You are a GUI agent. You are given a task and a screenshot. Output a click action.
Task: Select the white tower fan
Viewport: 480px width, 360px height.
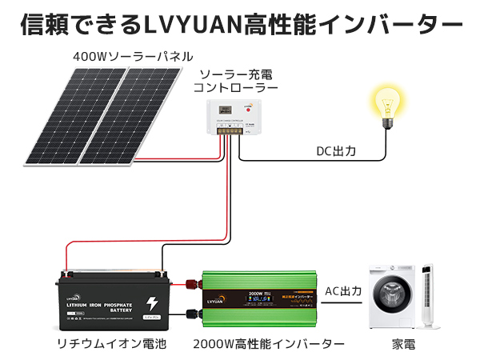pyautogui.click(x=428, y=297)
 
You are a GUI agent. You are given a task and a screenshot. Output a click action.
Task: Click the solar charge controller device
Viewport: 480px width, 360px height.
pyautogui.click(x=231, y=119)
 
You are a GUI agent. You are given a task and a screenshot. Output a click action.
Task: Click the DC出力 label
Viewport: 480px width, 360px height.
pyautogui.click(x=336, y=150)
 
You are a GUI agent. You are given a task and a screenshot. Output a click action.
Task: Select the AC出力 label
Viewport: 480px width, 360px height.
pyautogui.click(x=343, y=291)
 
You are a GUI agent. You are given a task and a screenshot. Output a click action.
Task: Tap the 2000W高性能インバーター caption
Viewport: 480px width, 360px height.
pyautogui.click(x=269, y=345)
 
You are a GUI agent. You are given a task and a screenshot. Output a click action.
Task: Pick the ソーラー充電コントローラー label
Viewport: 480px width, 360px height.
pyautogui.click(x=238, y=80)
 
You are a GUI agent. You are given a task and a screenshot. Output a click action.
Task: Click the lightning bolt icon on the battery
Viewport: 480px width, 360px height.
pyautogui.click(x=152, y=304)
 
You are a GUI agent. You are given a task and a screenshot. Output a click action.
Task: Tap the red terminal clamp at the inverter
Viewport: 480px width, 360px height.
pyautogui.click(x=192, y=282)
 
